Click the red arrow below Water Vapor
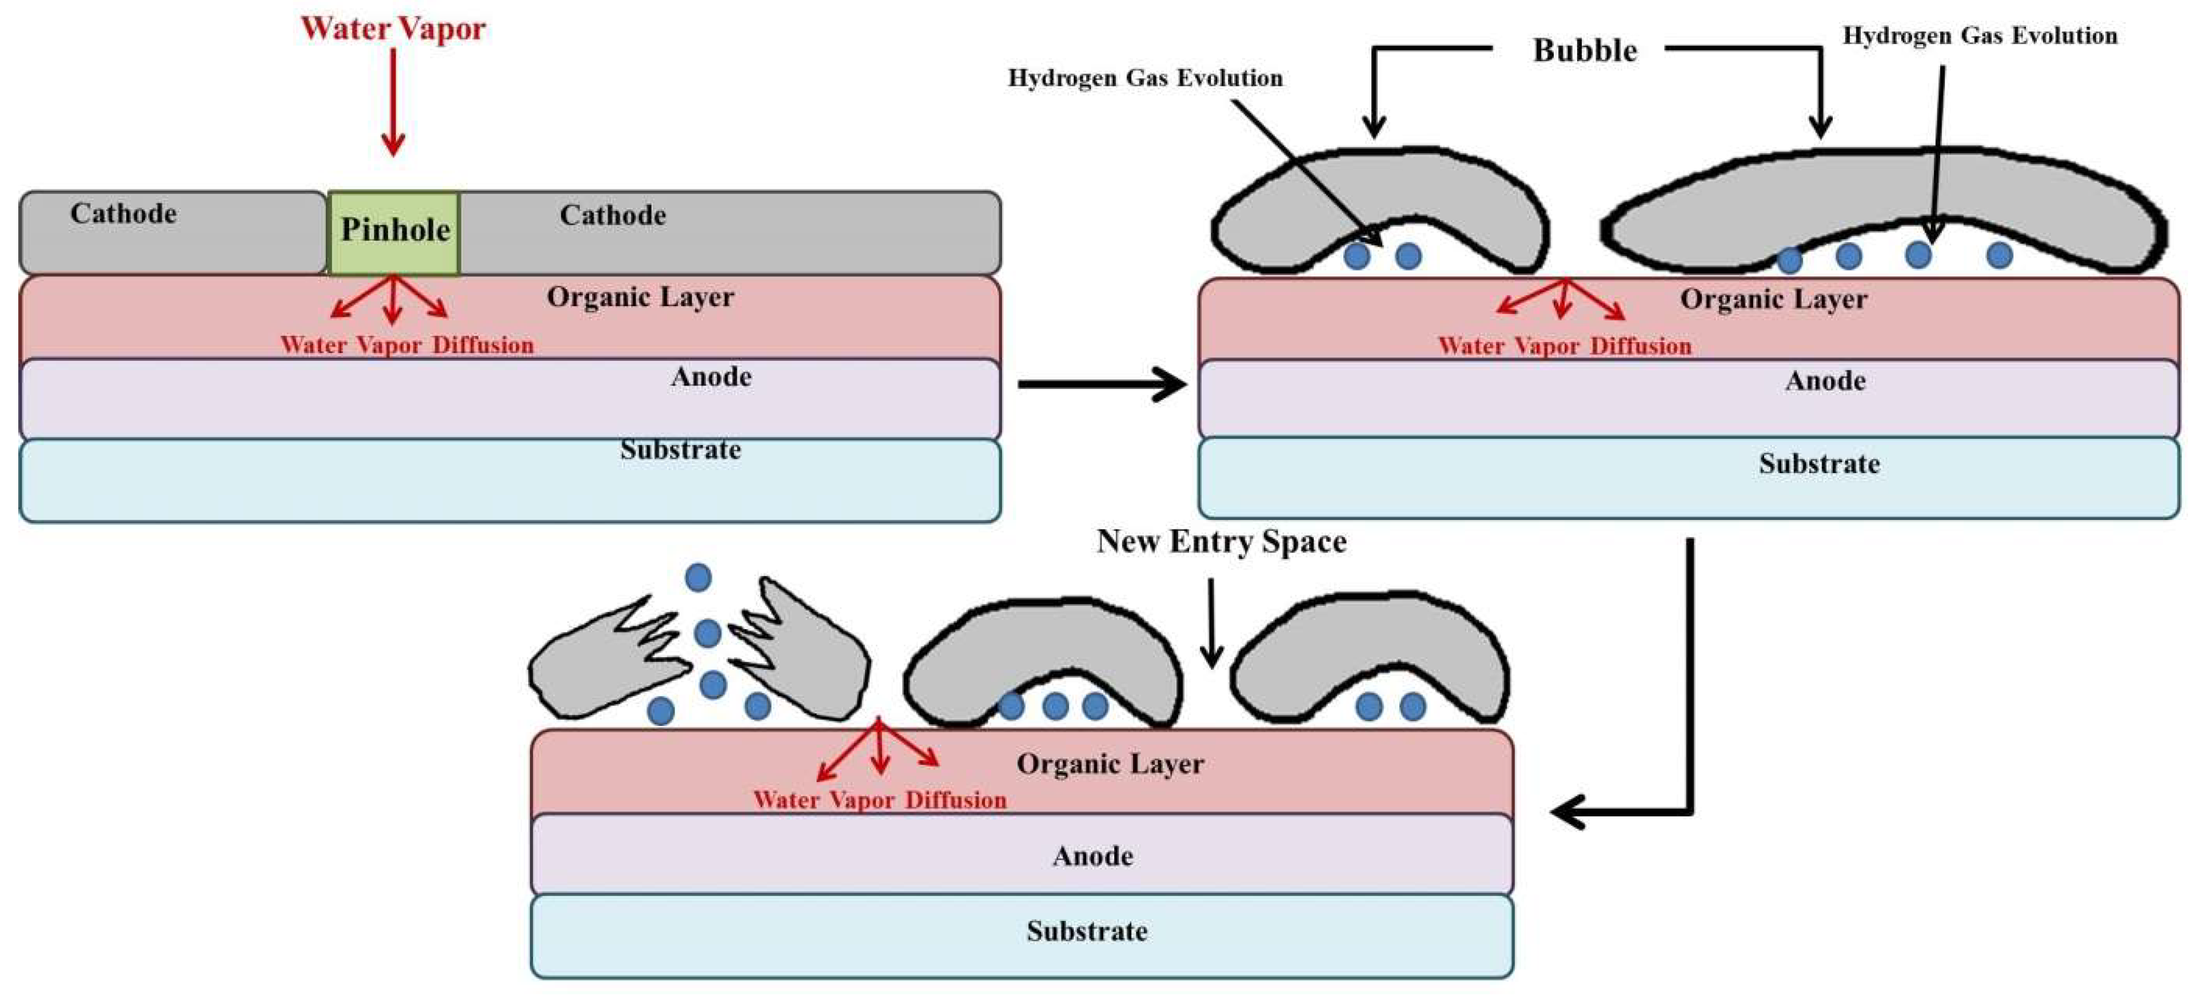coord(393,103)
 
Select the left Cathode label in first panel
coord(123,213)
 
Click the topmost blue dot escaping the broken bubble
coord(698,578)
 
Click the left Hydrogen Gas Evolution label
coord(1145,78)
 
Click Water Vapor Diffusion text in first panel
coord(407,345)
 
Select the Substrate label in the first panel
coord(681,450)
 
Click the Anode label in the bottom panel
coord(1093,856)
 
